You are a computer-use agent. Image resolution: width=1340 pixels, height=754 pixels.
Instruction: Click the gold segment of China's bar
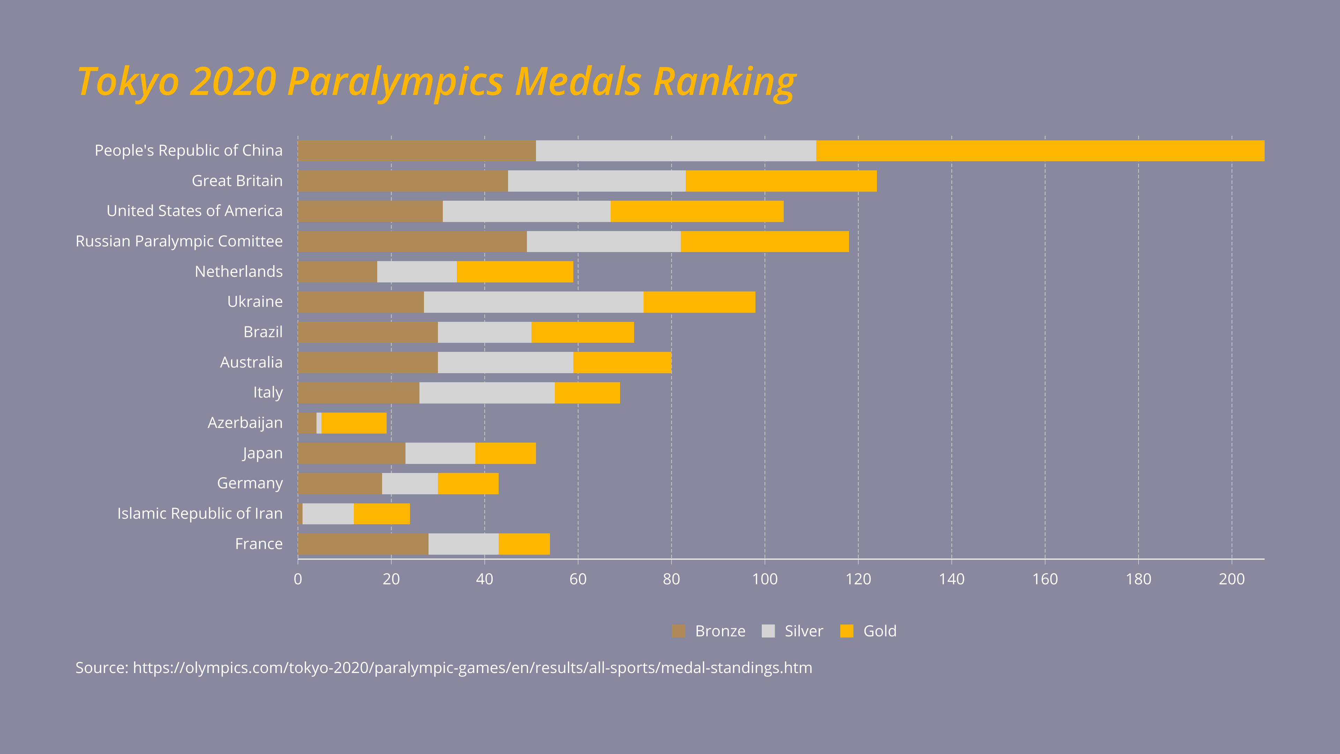[x=1040, y=151]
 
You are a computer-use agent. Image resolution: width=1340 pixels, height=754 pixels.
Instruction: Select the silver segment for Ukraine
[x=533, y=302]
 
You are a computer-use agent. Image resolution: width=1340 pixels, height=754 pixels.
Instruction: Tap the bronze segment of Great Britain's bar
[x=403, y=181]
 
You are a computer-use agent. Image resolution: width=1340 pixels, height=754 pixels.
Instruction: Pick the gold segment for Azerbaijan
[x=354, y=423]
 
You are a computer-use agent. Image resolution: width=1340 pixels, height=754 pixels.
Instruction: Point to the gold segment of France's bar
[x=524, y=544]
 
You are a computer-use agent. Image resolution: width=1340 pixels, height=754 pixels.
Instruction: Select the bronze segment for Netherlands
[x=337, y=272]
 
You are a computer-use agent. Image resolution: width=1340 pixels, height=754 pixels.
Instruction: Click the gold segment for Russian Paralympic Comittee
[x=765, y=242]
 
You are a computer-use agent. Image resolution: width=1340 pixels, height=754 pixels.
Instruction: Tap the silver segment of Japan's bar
[x=440, y=453]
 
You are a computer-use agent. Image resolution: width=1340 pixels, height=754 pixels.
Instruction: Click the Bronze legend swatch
[x=678, y=631]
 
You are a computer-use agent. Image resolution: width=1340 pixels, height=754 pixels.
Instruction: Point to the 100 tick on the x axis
[x=765, y=579]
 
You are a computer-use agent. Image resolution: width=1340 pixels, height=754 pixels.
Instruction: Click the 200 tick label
[x=1231, y=579]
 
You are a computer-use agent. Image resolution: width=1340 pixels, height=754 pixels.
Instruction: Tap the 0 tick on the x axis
[x=298, y=579]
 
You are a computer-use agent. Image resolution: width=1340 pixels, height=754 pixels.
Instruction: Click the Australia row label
[x=251, y=362]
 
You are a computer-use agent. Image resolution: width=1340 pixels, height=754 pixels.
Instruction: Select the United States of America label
[x=195, y=211]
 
